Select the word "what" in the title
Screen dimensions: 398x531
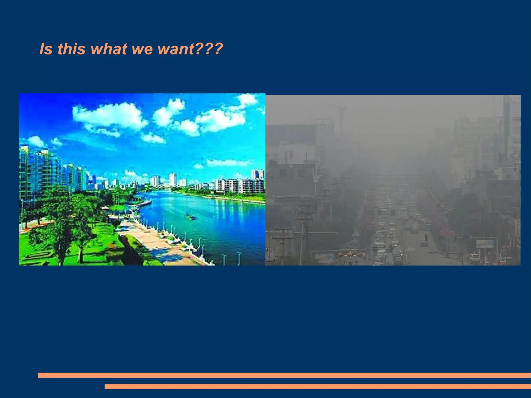(x=109, y=49)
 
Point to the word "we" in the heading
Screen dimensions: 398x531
(x=142, y=49)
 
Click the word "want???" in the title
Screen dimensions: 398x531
(x=190, y=49)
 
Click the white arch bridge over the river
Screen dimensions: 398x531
(x=165, y=185)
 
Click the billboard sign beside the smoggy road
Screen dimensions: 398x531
(x=485, y=243)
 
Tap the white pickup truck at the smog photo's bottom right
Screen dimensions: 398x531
(x=475, y=257)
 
